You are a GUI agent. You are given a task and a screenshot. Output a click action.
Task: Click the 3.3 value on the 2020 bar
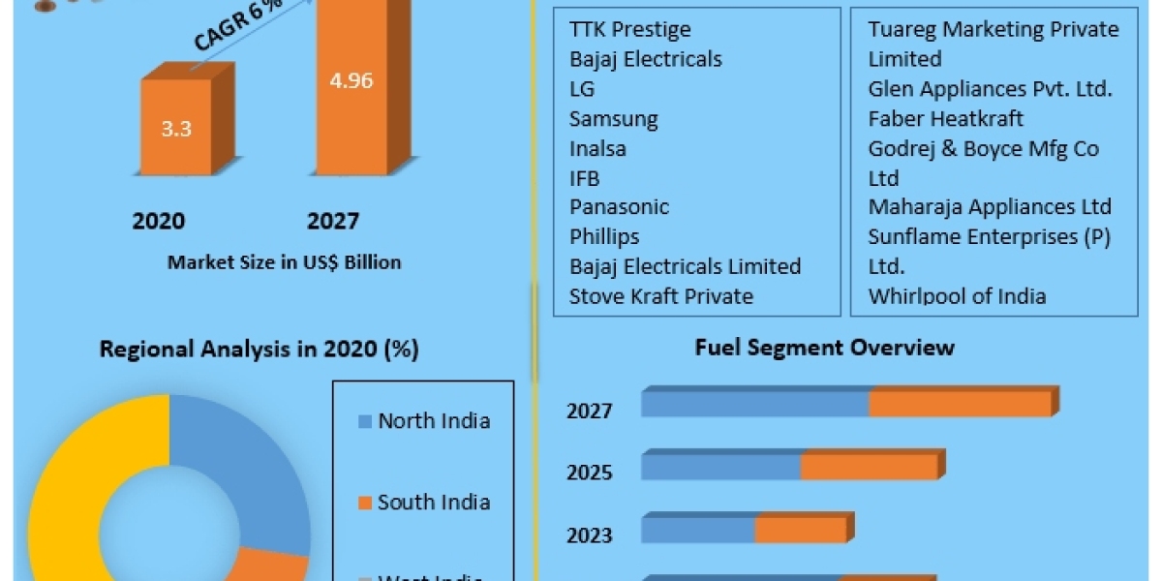[176, 128]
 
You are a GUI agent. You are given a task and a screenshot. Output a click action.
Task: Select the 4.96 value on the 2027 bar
[352, 80]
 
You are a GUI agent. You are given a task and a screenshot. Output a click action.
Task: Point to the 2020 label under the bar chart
[159, 222]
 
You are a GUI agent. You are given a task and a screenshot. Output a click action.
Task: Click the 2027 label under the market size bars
[333, 222]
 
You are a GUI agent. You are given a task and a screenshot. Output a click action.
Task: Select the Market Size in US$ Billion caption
[284, 262]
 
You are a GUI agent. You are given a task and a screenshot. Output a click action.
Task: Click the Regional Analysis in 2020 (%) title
[260, 350]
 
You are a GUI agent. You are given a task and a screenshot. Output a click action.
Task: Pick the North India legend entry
[433, 420]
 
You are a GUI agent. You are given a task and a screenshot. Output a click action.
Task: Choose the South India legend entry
[433, 502]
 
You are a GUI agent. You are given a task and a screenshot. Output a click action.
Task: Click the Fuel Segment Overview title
[825, 347]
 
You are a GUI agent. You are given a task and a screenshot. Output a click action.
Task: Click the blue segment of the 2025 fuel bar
[720, 466]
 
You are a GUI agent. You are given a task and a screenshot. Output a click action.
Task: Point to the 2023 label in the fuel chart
[590, 535]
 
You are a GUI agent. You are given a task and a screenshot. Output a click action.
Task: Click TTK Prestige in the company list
[630, 29]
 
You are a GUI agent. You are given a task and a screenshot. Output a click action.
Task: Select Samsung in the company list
[614, 119]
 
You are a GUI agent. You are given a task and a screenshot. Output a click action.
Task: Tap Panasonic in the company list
[620, 207]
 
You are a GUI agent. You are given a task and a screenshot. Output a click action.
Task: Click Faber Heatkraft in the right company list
[946, 119]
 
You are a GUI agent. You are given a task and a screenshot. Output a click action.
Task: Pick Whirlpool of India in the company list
[957, 296]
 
